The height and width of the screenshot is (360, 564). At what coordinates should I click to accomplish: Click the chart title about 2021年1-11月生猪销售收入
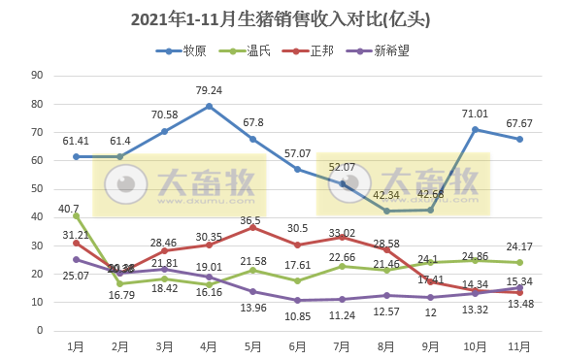pos(281,18)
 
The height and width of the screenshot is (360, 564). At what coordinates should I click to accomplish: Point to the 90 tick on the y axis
pos(37,76)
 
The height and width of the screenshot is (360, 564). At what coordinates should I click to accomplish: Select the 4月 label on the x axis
pos(209,346)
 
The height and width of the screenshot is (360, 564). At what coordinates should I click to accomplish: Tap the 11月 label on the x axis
pos(518,346)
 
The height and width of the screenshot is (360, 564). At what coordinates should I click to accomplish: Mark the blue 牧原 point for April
pos(209,106)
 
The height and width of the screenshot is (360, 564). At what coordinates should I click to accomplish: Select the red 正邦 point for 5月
pos(253,227)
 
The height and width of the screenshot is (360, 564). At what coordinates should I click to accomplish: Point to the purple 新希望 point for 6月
pos(297,300)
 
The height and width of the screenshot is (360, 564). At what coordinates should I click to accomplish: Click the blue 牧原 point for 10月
pos(475,129)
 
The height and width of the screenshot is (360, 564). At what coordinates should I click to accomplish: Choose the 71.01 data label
pos(476,114)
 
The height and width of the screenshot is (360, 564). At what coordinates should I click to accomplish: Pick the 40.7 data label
pos(69,209)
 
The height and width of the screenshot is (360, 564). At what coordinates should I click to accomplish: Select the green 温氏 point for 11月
pos(519,262)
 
